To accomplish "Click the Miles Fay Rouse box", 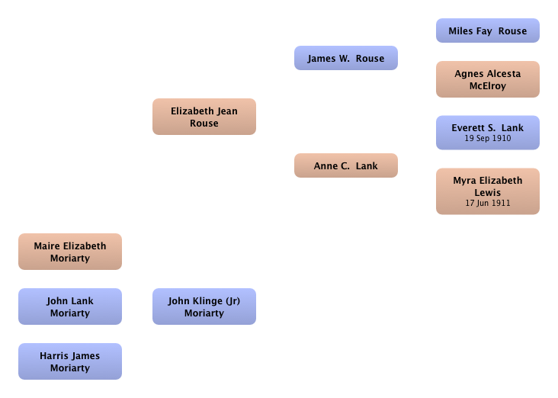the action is tap(488, 30).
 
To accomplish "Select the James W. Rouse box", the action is tap(346, 58).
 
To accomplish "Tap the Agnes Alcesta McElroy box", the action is tap(488, 79).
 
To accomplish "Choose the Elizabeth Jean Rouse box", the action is tap(204, 117).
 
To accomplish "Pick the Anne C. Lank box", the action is tap(346, 165).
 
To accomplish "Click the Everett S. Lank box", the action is tap(488, 133).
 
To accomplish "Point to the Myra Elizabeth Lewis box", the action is tap(488, 191).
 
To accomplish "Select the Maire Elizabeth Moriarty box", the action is tap(70, 252).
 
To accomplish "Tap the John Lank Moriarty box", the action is tap(70, 307).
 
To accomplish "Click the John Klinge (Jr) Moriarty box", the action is tap(204, 307).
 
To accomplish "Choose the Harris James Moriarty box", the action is tap(70, 361).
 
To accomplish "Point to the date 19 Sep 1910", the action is tap(488, 138).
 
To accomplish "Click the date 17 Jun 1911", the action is tap(488, 203).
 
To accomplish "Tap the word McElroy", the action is tap(488, 86).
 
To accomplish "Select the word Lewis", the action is tap(488, 193).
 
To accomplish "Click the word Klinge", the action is tap(207, 301).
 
